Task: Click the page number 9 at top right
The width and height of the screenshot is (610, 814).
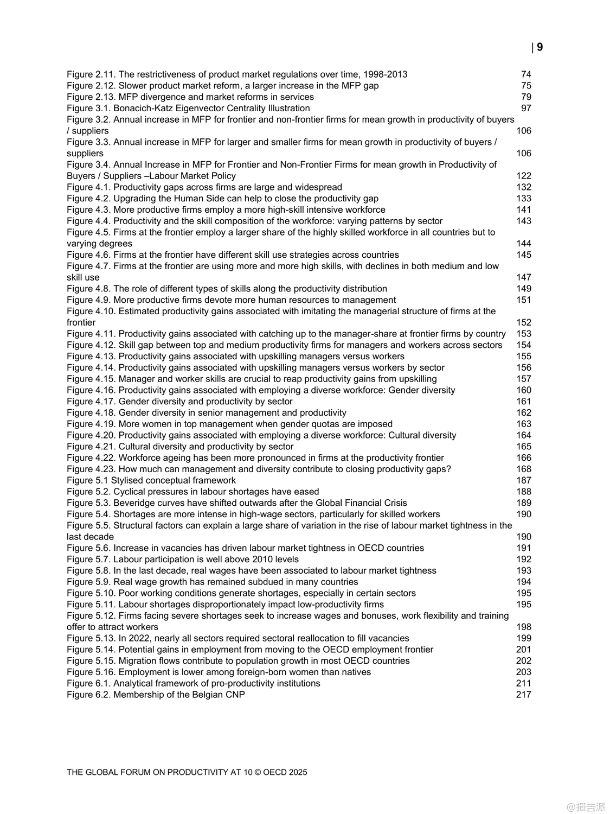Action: click(540, 47)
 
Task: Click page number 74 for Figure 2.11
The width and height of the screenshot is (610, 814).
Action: click(526, 74)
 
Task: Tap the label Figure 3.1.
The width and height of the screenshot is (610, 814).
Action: click(88, 108)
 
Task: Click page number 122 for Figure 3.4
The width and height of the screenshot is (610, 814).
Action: click(524, 176)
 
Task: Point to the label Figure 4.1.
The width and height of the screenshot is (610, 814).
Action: click(88, 187)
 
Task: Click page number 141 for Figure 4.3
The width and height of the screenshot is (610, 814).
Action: click(524, 209)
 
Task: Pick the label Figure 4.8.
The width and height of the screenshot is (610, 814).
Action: click(88, 289)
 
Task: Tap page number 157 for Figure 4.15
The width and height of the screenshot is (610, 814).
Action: click(524, 379)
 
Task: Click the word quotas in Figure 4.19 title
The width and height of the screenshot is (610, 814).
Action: click(331, 424)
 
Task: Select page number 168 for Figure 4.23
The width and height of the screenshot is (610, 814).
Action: click(524, 469)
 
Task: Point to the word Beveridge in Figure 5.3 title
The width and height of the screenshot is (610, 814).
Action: click(133, 503)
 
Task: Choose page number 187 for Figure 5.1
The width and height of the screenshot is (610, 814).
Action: click(524, 480)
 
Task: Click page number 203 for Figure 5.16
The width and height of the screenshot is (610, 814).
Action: click(524, 672)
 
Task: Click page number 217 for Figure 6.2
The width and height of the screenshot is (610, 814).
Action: click(524, 695)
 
